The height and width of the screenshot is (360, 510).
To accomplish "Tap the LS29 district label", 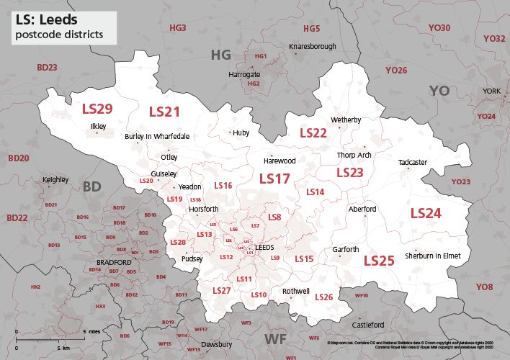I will [97, 109].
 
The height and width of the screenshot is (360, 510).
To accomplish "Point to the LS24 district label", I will [425, 213].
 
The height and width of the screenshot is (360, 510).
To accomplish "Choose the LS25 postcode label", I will [378, 261].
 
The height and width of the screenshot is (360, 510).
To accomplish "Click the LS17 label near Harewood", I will [274, 179].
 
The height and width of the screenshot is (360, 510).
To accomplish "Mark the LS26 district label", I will [323, 297].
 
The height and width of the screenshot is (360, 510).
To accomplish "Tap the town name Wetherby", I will [345, 120].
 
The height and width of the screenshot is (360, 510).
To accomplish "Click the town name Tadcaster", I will [412, 163].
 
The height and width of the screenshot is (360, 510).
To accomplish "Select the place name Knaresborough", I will [312, 47].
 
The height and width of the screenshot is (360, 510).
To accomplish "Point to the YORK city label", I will [491, 91].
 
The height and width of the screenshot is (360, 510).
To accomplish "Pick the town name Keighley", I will [55, 179].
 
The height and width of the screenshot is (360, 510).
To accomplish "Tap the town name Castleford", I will [367, 325].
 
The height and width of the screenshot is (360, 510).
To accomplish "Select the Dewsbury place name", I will [217, 344].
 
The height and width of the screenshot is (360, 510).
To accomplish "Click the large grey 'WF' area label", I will [274, 338].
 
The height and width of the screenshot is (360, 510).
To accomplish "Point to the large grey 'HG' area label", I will [221, 55].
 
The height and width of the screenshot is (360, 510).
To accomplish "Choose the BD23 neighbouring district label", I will [47, 67].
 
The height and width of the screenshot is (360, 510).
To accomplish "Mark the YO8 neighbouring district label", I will [484, 287].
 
